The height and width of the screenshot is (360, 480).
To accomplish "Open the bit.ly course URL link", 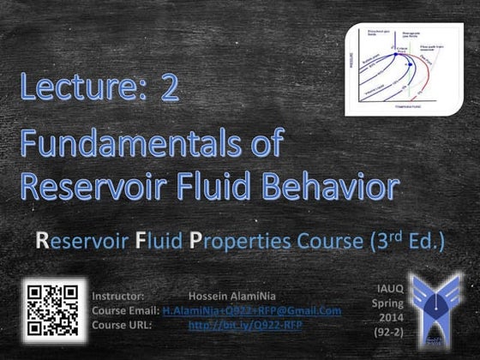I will (x=245, y=325).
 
